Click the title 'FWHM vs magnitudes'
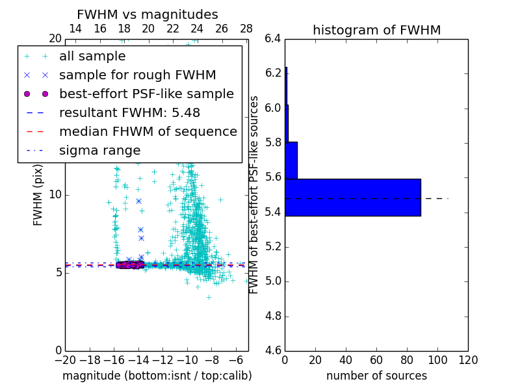pos(148,14)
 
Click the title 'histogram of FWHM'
pos(376,30)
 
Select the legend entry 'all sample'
pos(92,57)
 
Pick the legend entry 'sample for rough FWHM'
pos(137,75)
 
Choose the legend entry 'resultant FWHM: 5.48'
pos(129,113)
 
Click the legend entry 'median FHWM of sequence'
pos(148,132)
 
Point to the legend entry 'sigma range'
pos(99,151)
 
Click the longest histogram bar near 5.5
pos(353,197)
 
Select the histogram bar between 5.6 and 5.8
pos(291,160)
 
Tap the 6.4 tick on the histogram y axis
pos(274,38)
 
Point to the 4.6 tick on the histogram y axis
pos(274,351)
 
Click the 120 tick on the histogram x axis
pos(467,360)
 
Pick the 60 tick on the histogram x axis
pos(376,360)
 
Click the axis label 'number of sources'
pos(376,376)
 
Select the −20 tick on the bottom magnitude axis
pos(65,360)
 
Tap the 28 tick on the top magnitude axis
pos(246,29)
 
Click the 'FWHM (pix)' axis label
pos(38,194)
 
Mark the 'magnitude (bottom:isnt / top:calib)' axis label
pos(157,376)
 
